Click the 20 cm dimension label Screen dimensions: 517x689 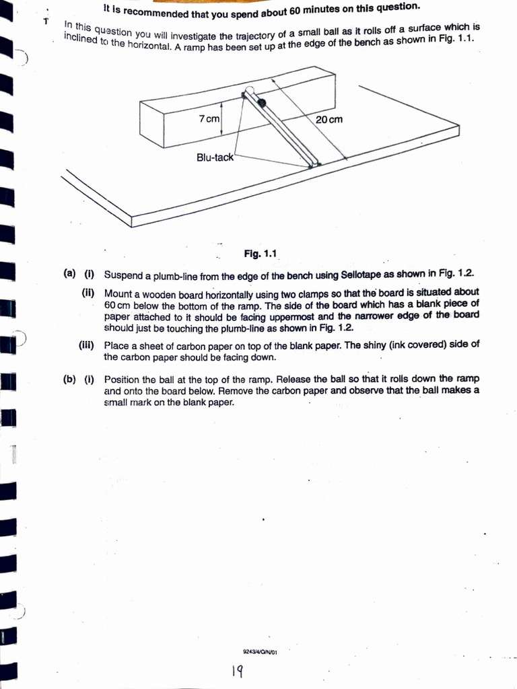tap(329, 119)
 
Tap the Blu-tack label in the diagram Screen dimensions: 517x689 tap(214, 157)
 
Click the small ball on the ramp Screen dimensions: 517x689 tap(261, 102)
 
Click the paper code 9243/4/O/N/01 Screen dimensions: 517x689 tap(260, 651)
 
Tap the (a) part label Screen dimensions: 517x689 tap(69, 275)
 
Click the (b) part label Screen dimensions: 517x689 tap(69, 379)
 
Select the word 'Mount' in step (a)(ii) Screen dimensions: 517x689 tap(118, 294)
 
